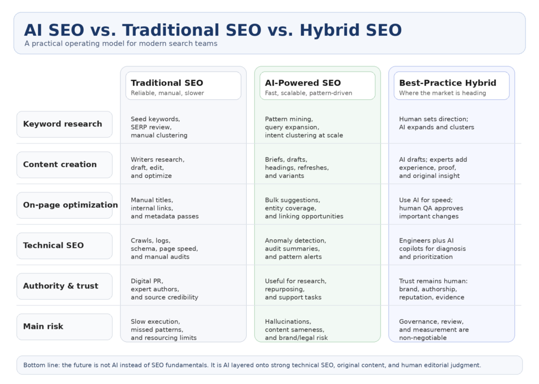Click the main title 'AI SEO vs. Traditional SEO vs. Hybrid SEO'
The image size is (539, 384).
213,30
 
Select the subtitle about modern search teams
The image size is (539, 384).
121,44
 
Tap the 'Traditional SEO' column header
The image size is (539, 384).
167,83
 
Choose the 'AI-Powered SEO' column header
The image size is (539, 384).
303,83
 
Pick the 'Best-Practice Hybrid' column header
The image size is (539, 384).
447,83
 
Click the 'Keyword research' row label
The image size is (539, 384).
63,124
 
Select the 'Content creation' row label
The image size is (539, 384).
60,165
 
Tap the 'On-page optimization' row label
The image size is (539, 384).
71,205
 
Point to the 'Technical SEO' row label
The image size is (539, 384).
53,246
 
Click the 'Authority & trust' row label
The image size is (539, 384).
61,286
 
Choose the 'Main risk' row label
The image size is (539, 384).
43,327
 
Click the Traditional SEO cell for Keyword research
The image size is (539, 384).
159,127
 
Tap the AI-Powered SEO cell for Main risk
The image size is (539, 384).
296,330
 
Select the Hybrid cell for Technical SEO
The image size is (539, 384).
432,248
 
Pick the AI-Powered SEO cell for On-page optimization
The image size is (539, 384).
304,208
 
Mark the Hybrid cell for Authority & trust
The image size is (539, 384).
433,289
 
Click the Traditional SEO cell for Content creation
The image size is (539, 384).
157,168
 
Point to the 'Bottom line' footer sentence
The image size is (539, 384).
252,365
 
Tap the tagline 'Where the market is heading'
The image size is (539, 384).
442,93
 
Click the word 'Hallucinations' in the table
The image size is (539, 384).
288,322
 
